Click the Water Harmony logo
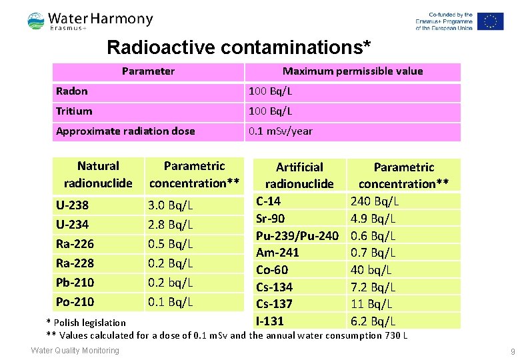pos(90,21)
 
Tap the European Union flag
pos(489,21)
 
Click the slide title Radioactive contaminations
pos(239,48)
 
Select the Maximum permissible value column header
pos(352,71)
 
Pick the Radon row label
pos(72,91)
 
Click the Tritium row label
pos(74,111)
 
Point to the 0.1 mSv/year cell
pos(280,131)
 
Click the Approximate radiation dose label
pos(125,131)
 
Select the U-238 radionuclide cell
pos(73,205)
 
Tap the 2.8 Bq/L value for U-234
pos(170,224)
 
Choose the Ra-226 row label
pos(75,243)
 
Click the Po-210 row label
pos(75,301)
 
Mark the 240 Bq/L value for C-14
pos(375,201)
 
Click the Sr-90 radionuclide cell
pos(270,218)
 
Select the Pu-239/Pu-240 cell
pos(297,235)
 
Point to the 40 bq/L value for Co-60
pos(371,270)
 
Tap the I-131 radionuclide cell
pos(270,321)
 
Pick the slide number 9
pos(513,351)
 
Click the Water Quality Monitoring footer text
pos(75,351)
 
